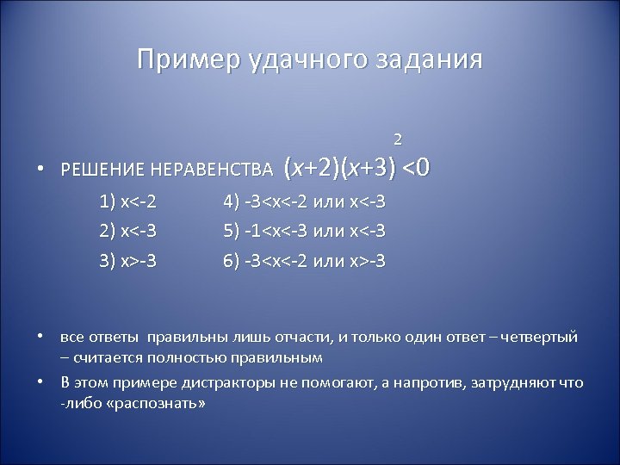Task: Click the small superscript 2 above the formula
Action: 397,138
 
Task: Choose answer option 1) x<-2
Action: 128,204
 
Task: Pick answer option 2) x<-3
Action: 128,231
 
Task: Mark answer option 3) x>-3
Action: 128,257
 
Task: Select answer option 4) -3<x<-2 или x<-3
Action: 304,204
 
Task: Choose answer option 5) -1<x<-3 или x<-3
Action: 304,231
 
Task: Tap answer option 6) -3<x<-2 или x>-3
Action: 304,257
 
